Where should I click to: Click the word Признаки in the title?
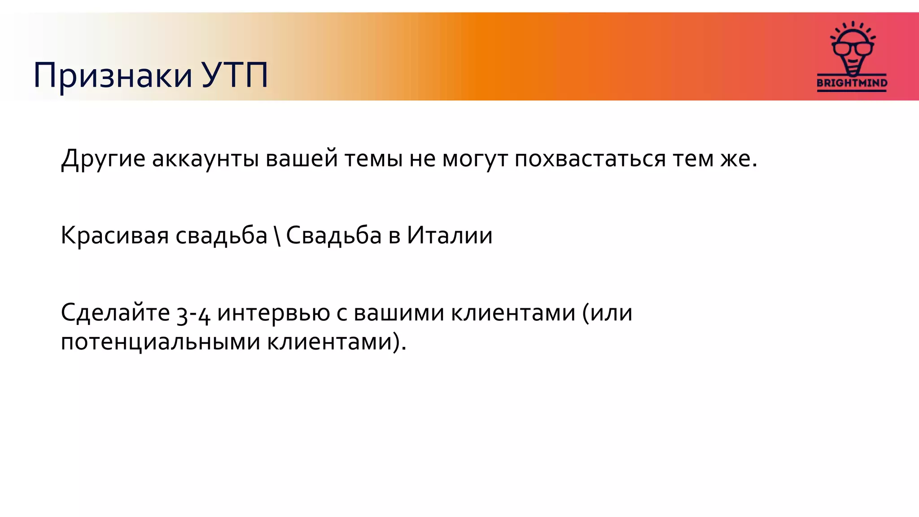tap(113, 75)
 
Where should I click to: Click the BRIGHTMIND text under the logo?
tap(852, 83)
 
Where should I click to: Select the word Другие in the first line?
tap(103, 159)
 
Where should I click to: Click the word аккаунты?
tap(205, 159)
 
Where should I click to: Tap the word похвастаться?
tap(590, 159)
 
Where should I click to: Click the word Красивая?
tap(114, 236)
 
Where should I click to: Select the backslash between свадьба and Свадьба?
tap(277, 236)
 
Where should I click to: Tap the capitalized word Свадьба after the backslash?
tap(333, 236)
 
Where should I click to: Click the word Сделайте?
tap(115, 312)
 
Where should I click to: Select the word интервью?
tap(274, 312)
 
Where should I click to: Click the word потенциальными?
tap(160, 342)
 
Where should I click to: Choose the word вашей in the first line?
tap(302, 159)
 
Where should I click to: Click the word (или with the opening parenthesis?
tap(607, 312)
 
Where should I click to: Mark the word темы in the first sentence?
tap(373, 159)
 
